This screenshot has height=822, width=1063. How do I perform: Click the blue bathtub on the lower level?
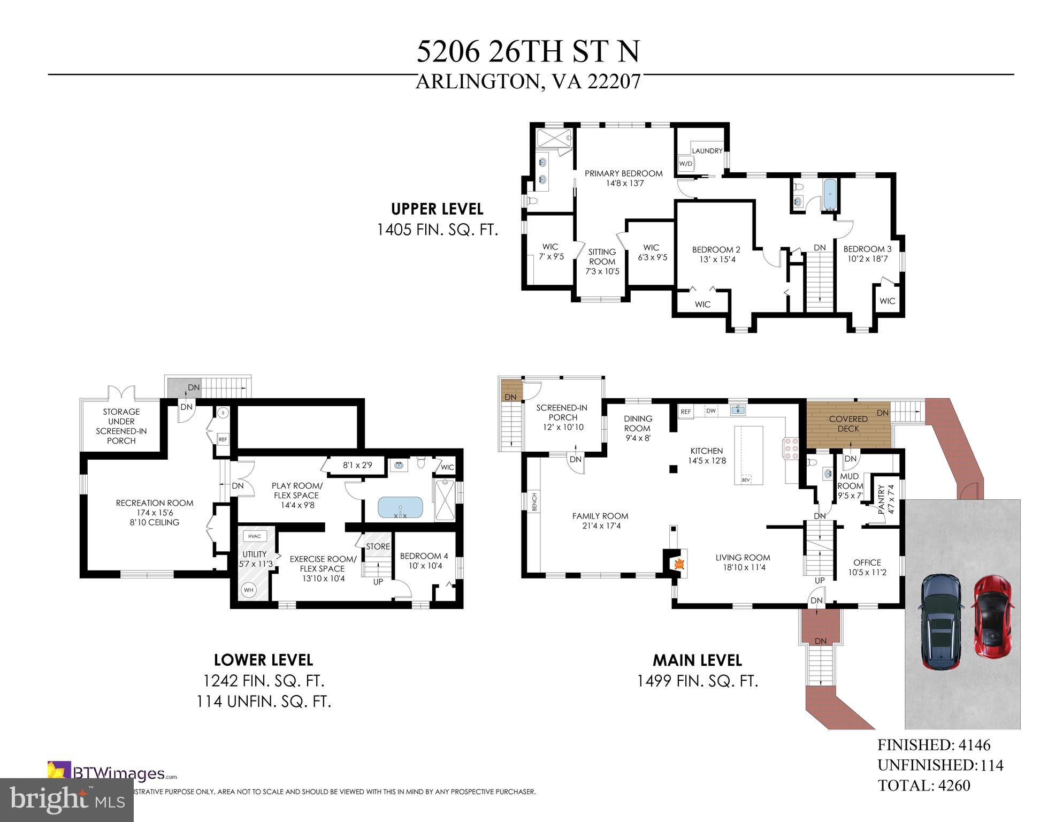point(400,508)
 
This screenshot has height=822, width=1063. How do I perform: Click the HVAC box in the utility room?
point(255,536)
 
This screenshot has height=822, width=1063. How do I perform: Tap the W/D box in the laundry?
point(686,163)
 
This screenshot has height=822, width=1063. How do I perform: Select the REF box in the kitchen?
point(685,412)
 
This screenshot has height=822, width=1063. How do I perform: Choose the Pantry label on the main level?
point(882,499)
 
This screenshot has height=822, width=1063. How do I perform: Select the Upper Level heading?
point(437,209)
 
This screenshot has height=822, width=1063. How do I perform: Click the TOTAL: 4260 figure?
point(924,785)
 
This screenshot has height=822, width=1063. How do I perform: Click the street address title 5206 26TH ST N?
point(527,52)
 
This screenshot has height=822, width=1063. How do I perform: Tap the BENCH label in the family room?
point(534,502)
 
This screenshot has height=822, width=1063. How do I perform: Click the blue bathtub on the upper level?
point(829,195)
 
